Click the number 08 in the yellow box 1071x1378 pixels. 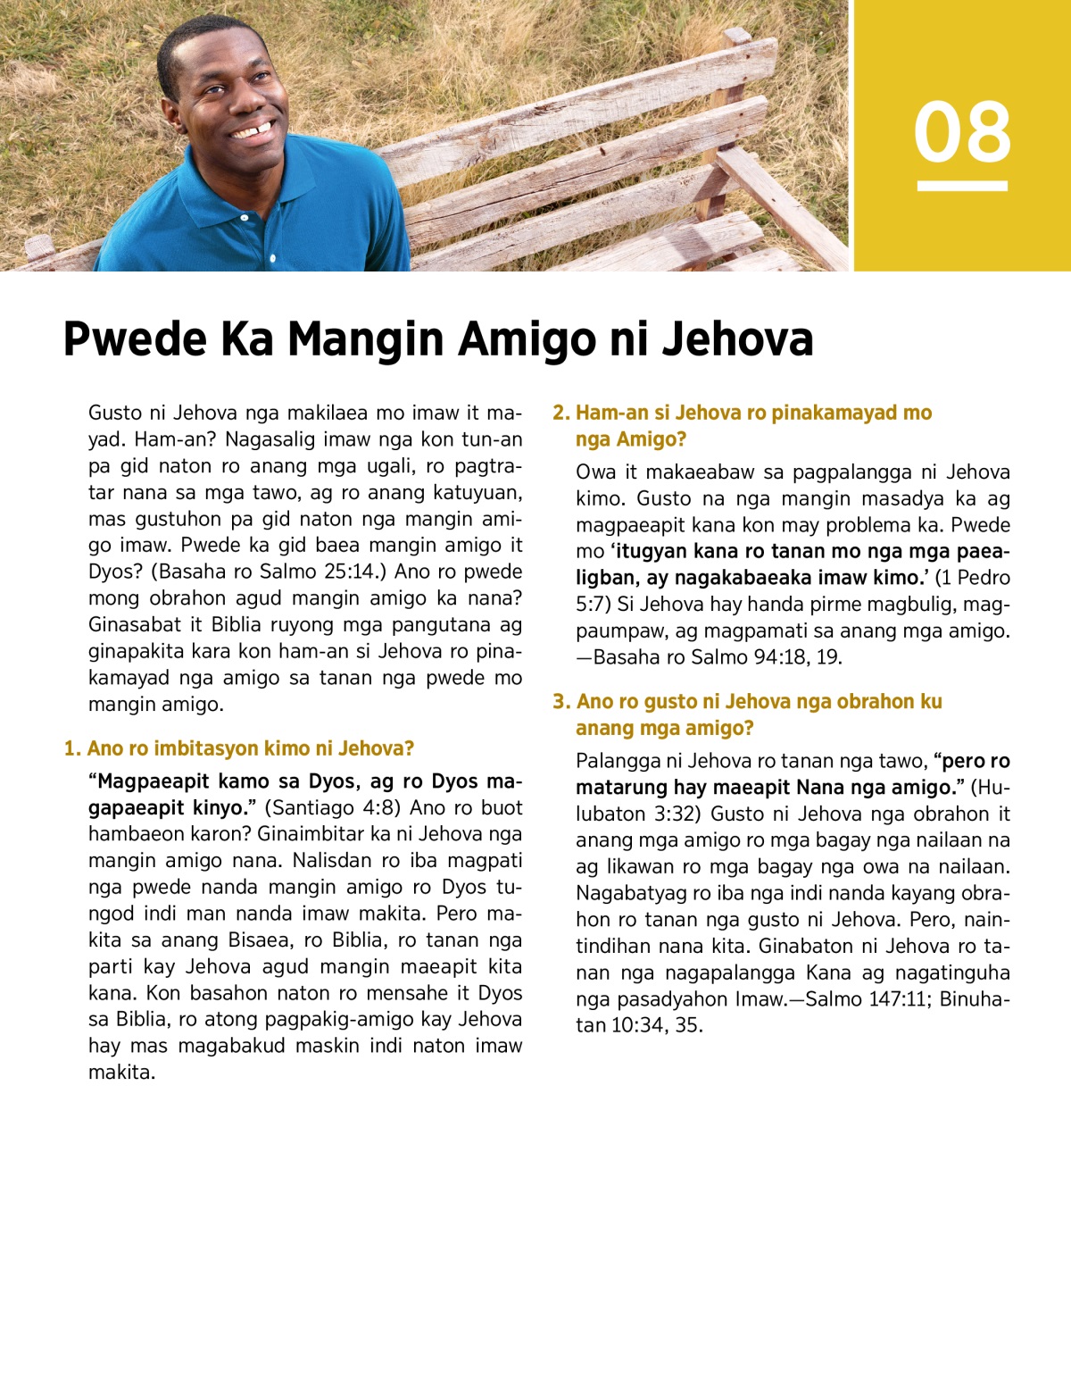pos(962,132)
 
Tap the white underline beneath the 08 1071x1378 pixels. pos(962,186)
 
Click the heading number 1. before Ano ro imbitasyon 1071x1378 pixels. pos(72,748)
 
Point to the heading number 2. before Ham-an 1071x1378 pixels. pos(560,413)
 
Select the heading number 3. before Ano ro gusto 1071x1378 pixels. pos(561,702)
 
